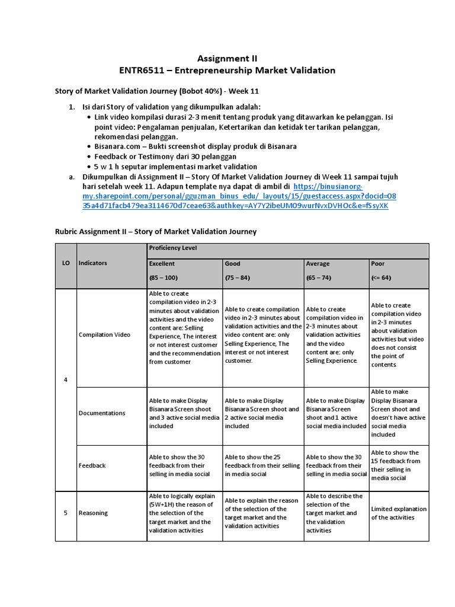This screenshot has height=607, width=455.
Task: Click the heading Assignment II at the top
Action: click(x=227, y=58)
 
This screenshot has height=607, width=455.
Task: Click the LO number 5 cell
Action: click(x=65, y=513)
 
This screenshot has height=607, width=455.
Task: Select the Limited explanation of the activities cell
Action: click(x=398, y=513)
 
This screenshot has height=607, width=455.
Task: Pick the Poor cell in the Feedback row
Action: click(x=398, y=465)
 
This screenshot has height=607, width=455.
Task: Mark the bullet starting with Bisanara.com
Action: click(x=196, y=146)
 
